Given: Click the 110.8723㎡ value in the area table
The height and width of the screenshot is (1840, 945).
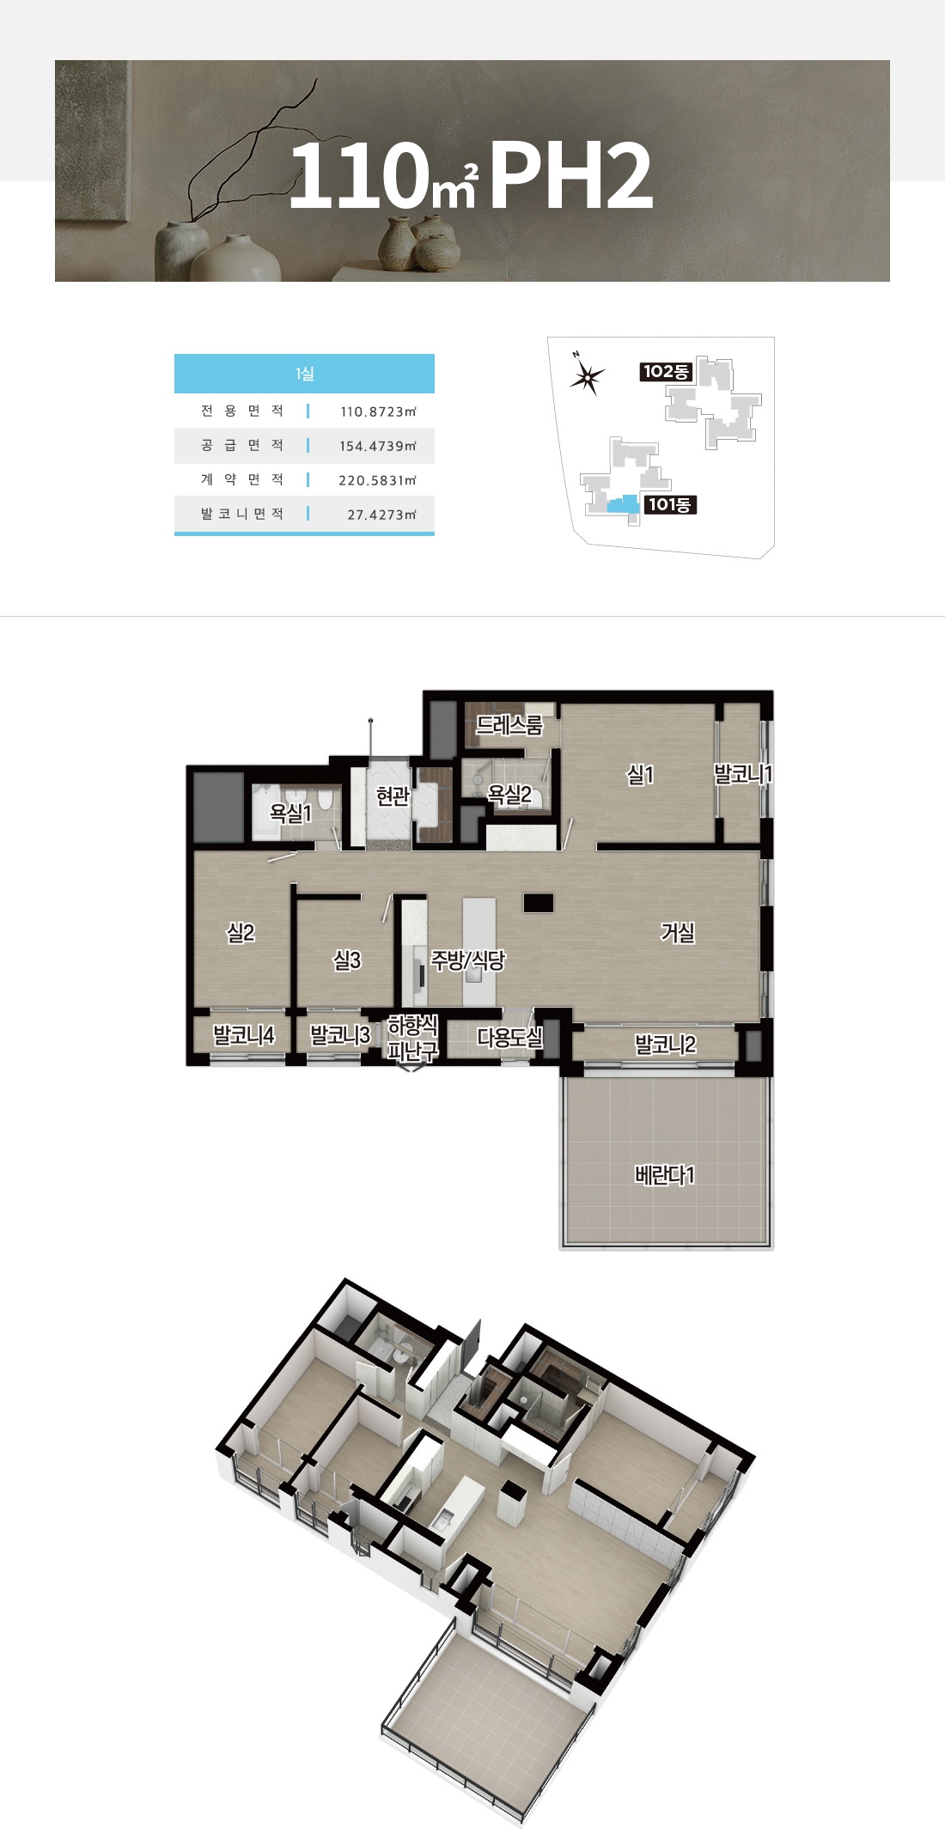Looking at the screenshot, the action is coord(378,411).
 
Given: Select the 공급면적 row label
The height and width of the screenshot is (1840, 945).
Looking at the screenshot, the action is coord(242,445).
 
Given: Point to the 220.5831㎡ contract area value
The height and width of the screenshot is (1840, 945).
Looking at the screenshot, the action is coord(377,480).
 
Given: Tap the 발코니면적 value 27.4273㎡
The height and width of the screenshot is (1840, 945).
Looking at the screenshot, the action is coord(381,515).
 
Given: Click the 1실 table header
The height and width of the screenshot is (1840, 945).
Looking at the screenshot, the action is coord(304,374).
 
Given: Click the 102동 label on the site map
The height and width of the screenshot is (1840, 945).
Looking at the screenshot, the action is coord(666,371).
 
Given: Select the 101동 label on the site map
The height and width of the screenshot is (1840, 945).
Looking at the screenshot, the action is coord(670,504).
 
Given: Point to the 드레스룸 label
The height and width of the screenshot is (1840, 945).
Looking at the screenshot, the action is coord(509,725).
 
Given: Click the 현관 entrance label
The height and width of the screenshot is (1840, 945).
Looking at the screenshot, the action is coord(393,797).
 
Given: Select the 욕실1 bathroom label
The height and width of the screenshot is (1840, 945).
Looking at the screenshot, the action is coord(290,813).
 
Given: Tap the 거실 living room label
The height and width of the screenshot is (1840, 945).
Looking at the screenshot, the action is coord(677,932).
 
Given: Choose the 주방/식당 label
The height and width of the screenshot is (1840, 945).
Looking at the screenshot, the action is coord(467,960).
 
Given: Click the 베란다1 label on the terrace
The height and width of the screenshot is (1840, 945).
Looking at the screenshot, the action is coord(664,1175).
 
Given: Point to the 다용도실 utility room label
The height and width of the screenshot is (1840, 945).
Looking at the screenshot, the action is coord(509,1038).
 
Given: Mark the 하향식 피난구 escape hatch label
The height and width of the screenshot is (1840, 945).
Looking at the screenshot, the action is coord(413,1038).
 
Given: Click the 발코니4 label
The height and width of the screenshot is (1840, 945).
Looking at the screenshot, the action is coord(244,1035).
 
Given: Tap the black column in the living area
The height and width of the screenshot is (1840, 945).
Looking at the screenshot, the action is coord(539,903).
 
